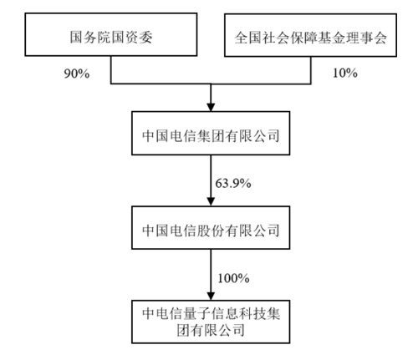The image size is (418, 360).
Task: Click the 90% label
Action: point(77,74)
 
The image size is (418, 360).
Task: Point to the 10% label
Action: point(345,73)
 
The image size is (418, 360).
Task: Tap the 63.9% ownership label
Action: point(233,184)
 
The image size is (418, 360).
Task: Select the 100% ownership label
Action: point(233,278)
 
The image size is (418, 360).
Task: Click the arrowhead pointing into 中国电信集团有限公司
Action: point(211,107)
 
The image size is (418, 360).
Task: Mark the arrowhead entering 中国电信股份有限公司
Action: point(211,201)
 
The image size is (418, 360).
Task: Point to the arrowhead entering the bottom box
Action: point(211,296)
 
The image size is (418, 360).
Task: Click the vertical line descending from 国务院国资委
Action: point(111,70)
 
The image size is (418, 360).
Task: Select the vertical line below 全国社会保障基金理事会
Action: point(311,70)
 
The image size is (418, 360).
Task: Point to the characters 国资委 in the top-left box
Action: point(131,37)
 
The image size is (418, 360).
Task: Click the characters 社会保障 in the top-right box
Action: point(289,38)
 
